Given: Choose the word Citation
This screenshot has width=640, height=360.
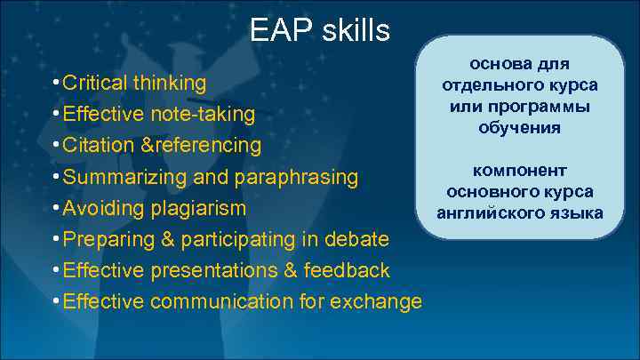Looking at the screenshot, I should [96, 145].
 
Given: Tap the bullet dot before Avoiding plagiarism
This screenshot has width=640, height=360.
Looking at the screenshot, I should [55, 207].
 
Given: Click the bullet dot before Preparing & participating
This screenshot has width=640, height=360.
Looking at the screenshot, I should [55, 238].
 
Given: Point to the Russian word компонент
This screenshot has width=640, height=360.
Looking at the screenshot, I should [520, 171].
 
